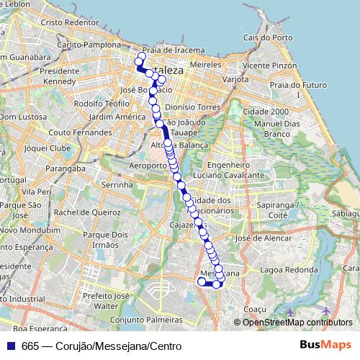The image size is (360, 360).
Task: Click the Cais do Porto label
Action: tap(268, 37)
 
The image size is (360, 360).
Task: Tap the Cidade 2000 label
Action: tap(266, 112)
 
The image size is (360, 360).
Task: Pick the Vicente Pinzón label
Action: tap(270, 65)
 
